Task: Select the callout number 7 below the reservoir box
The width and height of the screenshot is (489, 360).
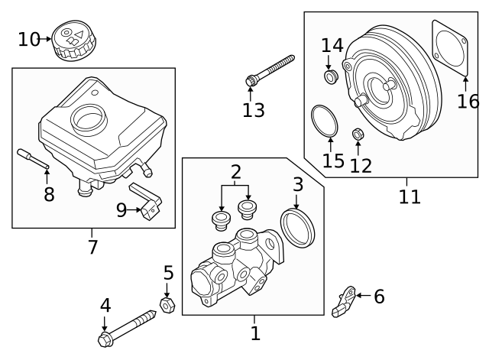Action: [x=92, y=247]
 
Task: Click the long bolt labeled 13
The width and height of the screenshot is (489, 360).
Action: [x=271, y=69]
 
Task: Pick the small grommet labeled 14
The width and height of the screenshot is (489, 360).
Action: [x=331, y=77]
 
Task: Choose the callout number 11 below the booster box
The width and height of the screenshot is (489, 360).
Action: [x=410, y=196]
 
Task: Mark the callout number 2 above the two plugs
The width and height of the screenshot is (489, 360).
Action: [x=235, y=171]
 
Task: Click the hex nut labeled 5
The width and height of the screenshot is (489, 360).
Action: [x=167, y=304]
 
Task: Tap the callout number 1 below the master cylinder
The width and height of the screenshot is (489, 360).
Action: [x=255, y=332]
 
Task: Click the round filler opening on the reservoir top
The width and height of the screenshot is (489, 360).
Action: [x=86, y=118]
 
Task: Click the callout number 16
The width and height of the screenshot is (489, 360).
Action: [x=467, y=101]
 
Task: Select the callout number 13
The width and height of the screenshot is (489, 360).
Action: [x=253, y=110]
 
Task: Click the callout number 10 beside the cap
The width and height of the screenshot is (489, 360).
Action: [x=28, y=38]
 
